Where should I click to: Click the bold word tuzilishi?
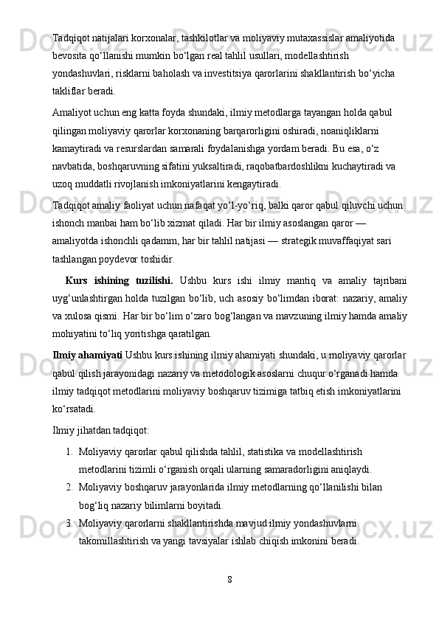click(x=150, y=280)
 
